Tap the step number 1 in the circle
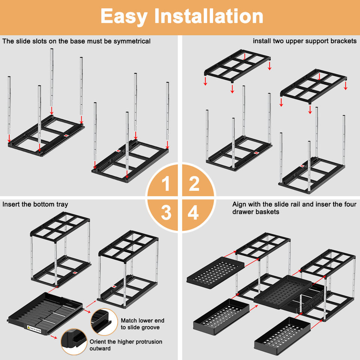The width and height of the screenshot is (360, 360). [x=166, y=183]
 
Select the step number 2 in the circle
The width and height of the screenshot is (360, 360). [x=194, y=183]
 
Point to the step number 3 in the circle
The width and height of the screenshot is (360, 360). [x=166, y=212]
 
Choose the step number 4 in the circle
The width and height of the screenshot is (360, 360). [x=193, y=212]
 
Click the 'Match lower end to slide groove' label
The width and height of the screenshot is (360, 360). [x=142, y=324]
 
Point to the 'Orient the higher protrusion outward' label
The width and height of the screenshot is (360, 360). [x=126, y=345]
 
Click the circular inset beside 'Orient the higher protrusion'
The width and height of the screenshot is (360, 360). [x=74, y=342]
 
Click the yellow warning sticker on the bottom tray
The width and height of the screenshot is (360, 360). [x=34, y=329]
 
